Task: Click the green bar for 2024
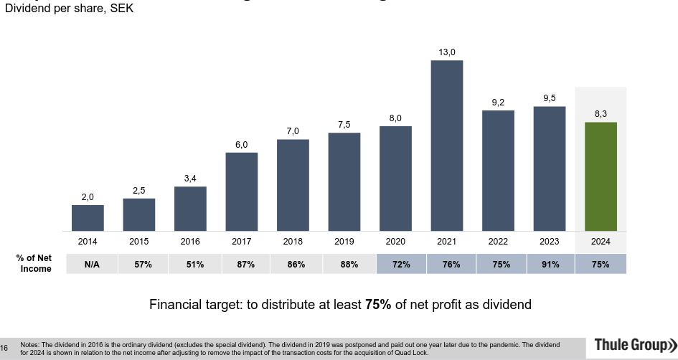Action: tap(601, 176)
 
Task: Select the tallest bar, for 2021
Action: tap(447, 146)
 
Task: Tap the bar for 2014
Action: tap(88, 218)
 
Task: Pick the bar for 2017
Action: tap(241, 191)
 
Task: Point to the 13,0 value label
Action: tap(447, 52)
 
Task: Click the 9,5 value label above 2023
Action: tap(549, 98)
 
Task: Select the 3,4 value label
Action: tap(190, 179)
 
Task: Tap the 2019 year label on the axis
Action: tap(344, 242)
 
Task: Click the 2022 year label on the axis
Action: tap(498, 242)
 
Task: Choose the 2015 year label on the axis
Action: tap(139, 242)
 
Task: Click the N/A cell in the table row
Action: tap(92, 264)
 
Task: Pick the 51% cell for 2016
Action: tap(194, 264)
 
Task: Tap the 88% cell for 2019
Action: tap(349, 264)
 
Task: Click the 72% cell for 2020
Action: tap(401, 264)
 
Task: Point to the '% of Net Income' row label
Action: tap(34, 263)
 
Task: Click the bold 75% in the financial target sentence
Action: tap(378, 305)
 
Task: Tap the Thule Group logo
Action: tap(635, 346)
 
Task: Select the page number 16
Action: tap(5, 349)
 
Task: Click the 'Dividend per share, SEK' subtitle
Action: tap(69, 9)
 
